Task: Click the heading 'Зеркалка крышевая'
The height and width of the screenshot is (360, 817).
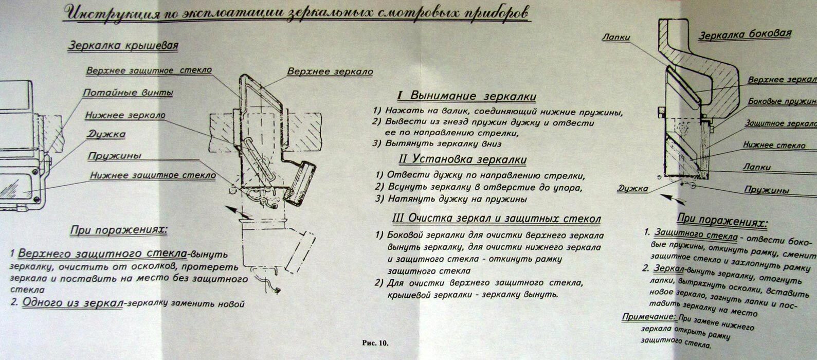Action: (x=123, y=46)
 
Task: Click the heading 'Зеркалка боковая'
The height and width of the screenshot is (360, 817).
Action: (x=744, y=35)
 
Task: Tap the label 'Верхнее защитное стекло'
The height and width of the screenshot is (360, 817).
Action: (x=149, y=70)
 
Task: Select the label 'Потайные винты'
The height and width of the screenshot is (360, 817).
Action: (x=128, y=93)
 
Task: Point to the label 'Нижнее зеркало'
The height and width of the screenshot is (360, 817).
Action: (x=125, y=115)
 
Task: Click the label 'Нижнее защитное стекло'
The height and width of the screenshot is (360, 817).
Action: (x=153, y=175)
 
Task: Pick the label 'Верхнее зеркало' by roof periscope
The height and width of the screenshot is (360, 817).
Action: (x=330, y=71)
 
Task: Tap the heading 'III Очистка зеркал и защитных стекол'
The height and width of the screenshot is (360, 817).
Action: (x=496, y=219)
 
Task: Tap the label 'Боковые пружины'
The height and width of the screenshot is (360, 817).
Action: (x=782, y=101)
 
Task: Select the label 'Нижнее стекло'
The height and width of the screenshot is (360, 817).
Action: (x=774, y=145)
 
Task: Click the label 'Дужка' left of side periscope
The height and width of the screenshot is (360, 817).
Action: (x=632, y=189)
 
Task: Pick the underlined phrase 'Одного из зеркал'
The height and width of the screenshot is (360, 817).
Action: (x=72, y=303)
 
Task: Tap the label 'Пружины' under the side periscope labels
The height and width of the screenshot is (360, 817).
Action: (x=767, y=190)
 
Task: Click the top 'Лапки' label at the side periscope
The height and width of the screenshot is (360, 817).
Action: (x=615, y=38)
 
